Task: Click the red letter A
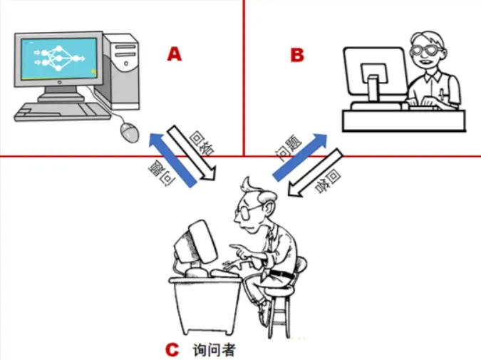(175, 53)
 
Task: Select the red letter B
(298, 55)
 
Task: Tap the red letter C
(171, 350)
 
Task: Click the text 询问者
(214, 350)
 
